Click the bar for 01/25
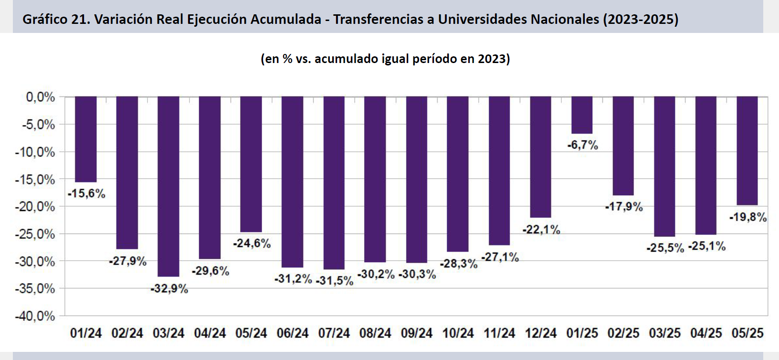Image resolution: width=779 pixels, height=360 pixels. click(582, 115)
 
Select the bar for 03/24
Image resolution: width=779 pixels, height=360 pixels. click(168, 186)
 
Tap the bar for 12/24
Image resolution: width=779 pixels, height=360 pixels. click(540, 157)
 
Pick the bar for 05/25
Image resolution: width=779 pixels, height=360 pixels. click(747, 150)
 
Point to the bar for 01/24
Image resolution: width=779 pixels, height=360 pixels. click(86, 139)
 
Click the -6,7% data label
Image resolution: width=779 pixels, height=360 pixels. click(582, 145)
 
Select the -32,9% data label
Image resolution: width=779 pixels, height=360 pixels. click(169, 289)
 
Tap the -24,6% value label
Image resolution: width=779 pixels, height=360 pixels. click(252, 244)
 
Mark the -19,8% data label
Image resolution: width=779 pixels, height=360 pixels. click(747, 217)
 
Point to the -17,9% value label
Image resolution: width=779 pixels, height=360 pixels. click(623, 207)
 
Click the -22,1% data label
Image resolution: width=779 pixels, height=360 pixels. click(541, 230)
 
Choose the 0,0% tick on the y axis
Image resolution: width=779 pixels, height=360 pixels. click(40, 97)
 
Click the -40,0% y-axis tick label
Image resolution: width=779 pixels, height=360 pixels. click(35, 316)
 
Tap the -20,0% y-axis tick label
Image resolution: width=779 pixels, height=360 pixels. click(35, 207)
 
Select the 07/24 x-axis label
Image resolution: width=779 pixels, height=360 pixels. click(334, 333)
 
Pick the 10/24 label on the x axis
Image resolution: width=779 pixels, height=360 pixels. click(458, 333)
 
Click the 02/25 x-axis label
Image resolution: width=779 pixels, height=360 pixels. click(623, 333)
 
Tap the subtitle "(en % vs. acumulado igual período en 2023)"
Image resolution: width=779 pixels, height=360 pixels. click(385, 59)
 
